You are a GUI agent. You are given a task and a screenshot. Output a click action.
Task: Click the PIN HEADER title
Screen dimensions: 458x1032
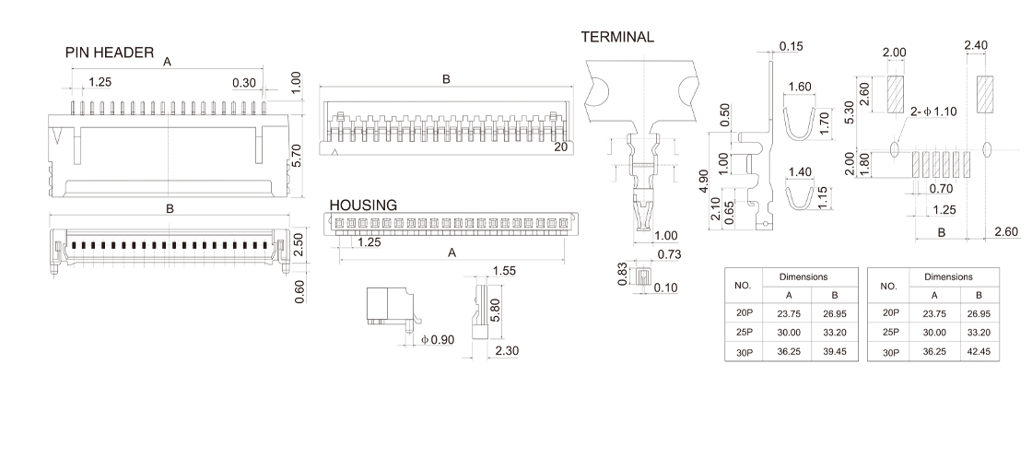coord(109,53)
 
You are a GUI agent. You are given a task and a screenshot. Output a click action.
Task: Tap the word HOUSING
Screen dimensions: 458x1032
coord(363,205)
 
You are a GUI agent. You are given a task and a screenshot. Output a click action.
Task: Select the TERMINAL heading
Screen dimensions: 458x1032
coord(617,37)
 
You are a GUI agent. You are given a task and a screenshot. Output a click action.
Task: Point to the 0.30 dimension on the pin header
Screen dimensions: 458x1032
coord(244,82)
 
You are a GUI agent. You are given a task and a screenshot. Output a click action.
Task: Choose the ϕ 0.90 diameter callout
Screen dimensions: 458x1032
coord(439,340)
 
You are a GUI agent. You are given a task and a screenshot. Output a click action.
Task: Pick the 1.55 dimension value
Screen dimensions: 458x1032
coord(504,270)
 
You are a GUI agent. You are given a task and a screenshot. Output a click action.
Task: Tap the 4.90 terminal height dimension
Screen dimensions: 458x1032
coord(703,182)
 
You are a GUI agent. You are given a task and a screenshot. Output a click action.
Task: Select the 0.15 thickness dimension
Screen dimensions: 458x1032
coord(791,46)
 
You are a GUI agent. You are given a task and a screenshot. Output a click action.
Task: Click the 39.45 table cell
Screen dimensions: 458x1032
coord(833,351)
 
